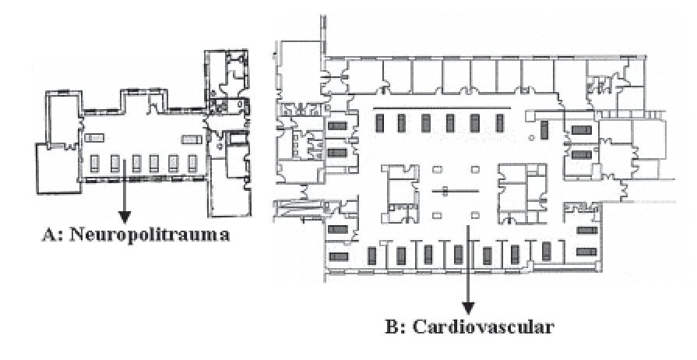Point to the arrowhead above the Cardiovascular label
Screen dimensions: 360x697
[x=468, y=305]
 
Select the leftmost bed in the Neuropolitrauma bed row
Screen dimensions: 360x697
[x=96, y=162]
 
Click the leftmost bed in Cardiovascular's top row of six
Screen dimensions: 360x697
[x=379, y=123]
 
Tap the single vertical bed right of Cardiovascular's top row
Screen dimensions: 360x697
[x=545, y=129]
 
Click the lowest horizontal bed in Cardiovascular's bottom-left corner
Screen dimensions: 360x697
[x=339, y=256]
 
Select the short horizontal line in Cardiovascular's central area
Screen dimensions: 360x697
[x=455, y=190]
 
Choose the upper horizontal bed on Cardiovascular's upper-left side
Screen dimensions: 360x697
[x=338, y=126]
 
